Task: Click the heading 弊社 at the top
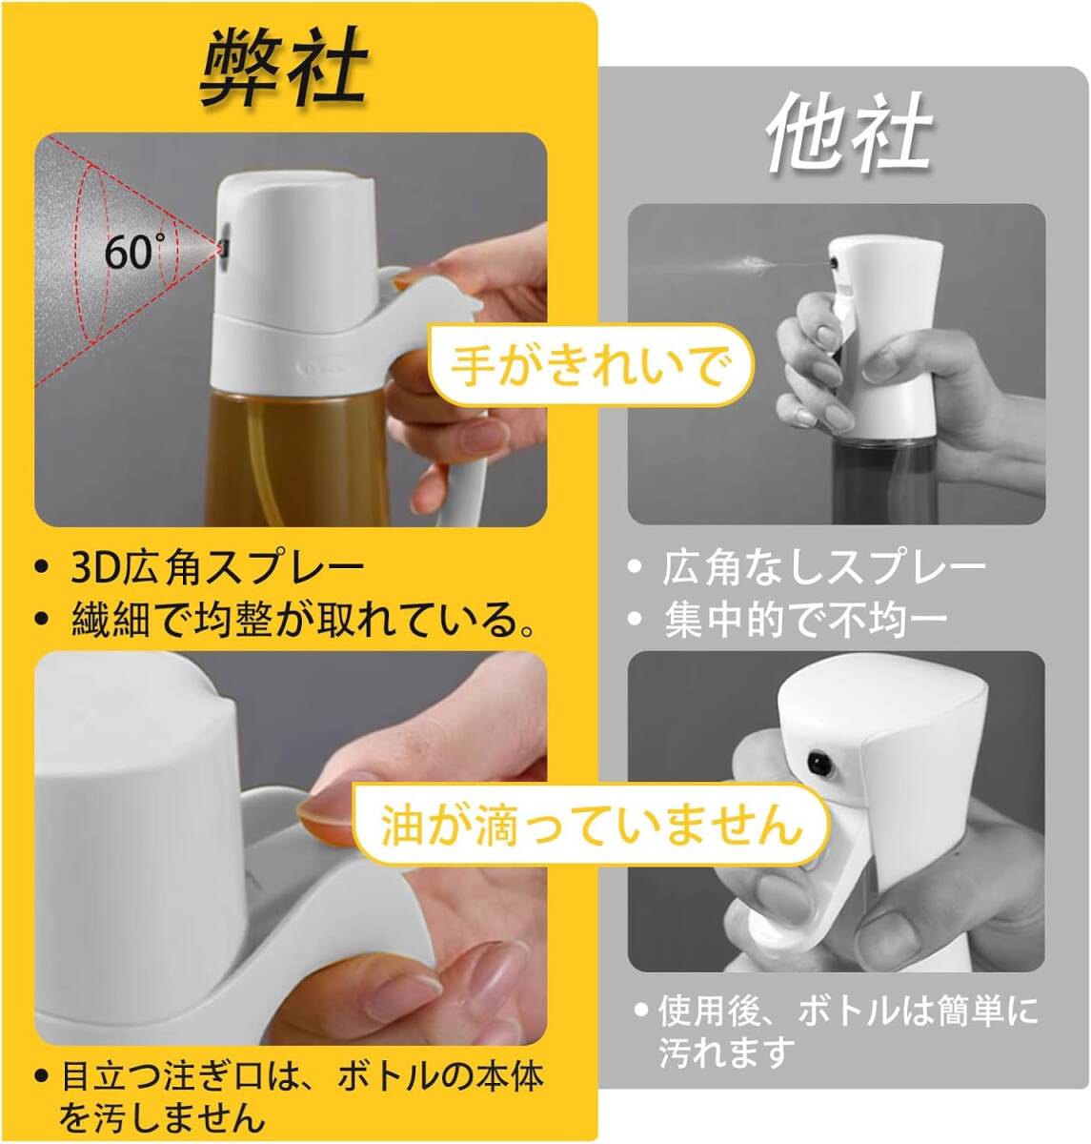click(283, 67)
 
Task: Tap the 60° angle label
click(132, 252)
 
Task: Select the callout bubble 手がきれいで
click(590, 366)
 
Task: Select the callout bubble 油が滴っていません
click(591, 824)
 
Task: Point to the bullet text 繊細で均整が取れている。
click(303, 621)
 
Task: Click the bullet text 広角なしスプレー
click(823, 568)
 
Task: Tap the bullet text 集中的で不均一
click(805, 621)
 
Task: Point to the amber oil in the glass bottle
click(286, 458)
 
